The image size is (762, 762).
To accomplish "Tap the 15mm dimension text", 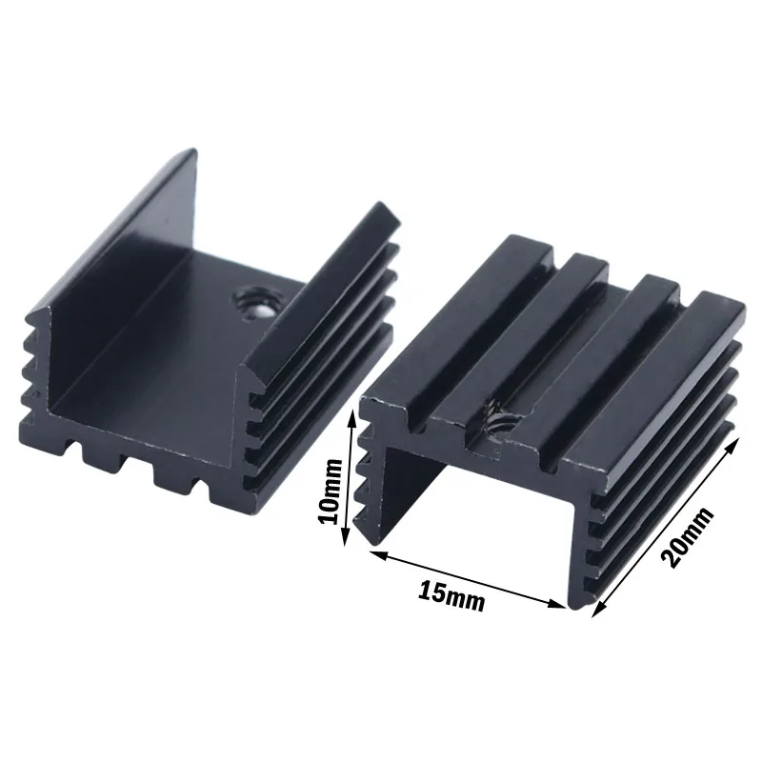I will [x=451, y=596].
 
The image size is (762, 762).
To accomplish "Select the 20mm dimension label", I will [x=689, y=538].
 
